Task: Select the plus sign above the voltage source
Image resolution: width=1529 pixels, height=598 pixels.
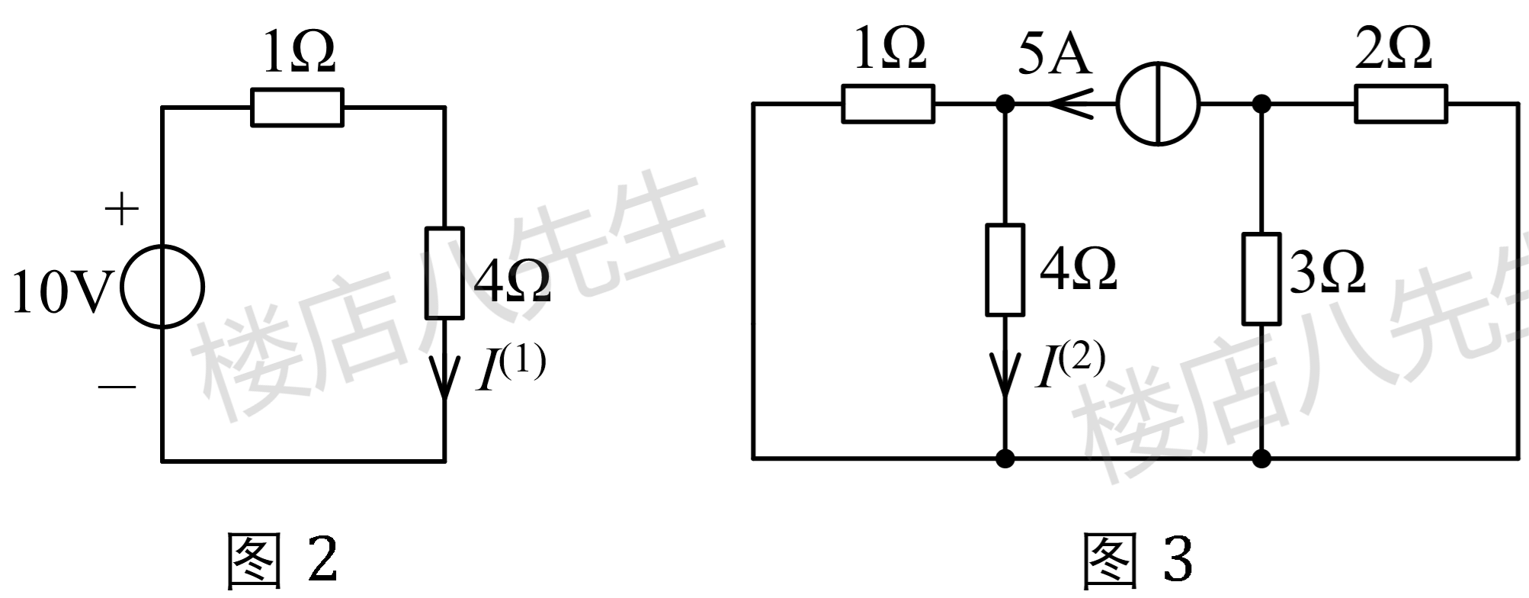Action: [121, 209]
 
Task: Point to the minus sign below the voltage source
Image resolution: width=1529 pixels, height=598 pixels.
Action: [117, 387]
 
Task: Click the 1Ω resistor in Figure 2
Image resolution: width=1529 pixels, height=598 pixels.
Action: [297, 108]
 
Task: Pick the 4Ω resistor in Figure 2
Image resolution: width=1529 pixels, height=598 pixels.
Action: [444, 272]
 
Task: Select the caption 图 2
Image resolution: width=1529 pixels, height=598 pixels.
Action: [283, 561]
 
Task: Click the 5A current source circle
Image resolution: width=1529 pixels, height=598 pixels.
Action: [1158, 104]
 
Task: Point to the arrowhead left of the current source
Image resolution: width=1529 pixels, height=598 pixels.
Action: [1070, 104]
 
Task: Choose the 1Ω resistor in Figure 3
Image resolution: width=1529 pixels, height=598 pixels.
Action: [888, 104]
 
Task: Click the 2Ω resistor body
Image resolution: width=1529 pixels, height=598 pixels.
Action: [1400, 104]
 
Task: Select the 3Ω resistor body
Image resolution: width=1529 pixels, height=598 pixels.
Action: [1261, 278]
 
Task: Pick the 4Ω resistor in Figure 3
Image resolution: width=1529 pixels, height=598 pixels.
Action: [1005, 269]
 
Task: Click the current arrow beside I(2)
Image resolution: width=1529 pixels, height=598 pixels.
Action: [1005, 374]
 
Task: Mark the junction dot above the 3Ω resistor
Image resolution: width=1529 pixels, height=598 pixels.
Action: [1261, 104]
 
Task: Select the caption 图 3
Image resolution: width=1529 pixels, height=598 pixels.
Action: [1137, 561]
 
